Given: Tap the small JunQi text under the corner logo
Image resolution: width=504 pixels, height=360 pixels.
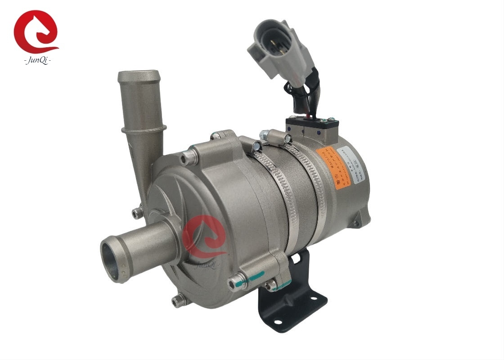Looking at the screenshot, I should click(37, 59).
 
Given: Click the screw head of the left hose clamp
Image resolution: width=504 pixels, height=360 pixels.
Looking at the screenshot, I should click(257, 145).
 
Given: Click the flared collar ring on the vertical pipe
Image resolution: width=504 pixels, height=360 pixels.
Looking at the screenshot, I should click(143, 130).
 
